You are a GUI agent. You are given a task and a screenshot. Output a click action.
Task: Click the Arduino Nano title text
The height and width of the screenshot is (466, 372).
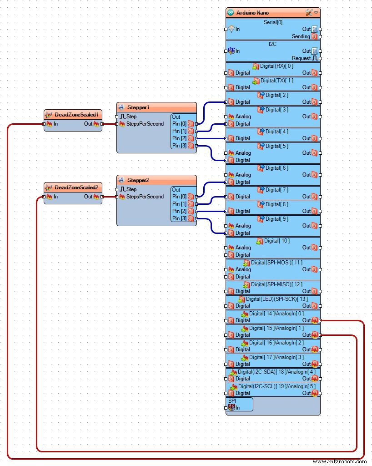click(253, 13)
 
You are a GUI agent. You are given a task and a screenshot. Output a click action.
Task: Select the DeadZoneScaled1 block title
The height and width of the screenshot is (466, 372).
click(76, 115)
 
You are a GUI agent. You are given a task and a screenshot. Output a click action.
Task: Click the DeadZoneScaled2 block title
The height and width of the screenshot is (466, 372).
click(76, 187)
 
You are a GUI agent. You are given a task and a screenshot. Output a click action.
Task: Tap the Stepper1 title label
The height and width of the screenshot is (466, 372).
click(138, 107)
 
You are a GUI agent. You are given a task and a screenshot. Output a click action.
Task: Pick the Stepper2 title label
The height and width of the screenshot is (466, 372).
click(138, 180)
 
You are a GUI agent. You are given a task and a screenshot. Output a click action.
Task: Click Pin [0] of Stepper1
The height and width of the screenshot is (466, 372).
click(179, 124)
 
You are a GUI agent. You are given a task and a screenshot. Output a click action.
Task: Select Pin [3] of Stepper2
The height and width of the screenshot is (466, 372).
click(179, 218)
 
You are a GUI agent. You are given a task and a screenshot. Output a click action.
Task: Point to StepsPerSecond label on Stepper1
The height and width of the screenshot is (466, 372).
click(145, 124)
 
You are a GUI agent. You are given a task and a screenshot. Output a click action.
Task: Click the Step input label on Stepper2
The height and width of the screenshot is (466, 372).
click(131, 189)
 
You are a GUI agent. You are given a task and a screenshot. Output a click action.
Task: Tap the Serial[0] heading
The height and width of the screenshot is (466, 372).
click(273, 22)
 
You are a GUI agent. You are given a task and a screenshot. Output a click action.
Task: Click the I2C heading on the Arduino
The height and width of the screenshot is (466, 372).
click(273, 44)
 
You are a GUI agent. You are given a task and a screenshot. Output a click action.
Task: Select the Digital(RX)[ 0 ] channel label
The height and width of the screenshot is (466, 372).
click(276, 66)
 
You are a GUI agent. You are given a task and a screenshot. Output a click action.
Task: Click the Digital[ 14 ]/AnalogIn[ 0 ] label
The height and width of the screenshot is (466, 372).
click(276, 314)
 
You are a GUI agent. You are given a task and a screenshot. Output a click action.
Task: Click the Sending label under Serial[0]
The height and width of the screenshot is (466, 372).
click(301, 36)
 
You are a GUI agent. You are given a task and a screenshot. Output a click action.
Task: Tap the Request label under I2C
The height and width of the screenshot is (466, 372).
click(301, 58)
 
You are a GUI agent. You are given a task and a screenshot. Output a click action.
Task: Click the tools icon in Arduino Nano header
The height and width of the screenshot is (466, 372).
click(309, 13)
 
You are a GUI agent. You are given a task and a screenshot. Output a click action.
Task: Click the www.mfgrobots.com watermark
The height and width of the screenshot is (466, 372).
click(340, 461)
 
